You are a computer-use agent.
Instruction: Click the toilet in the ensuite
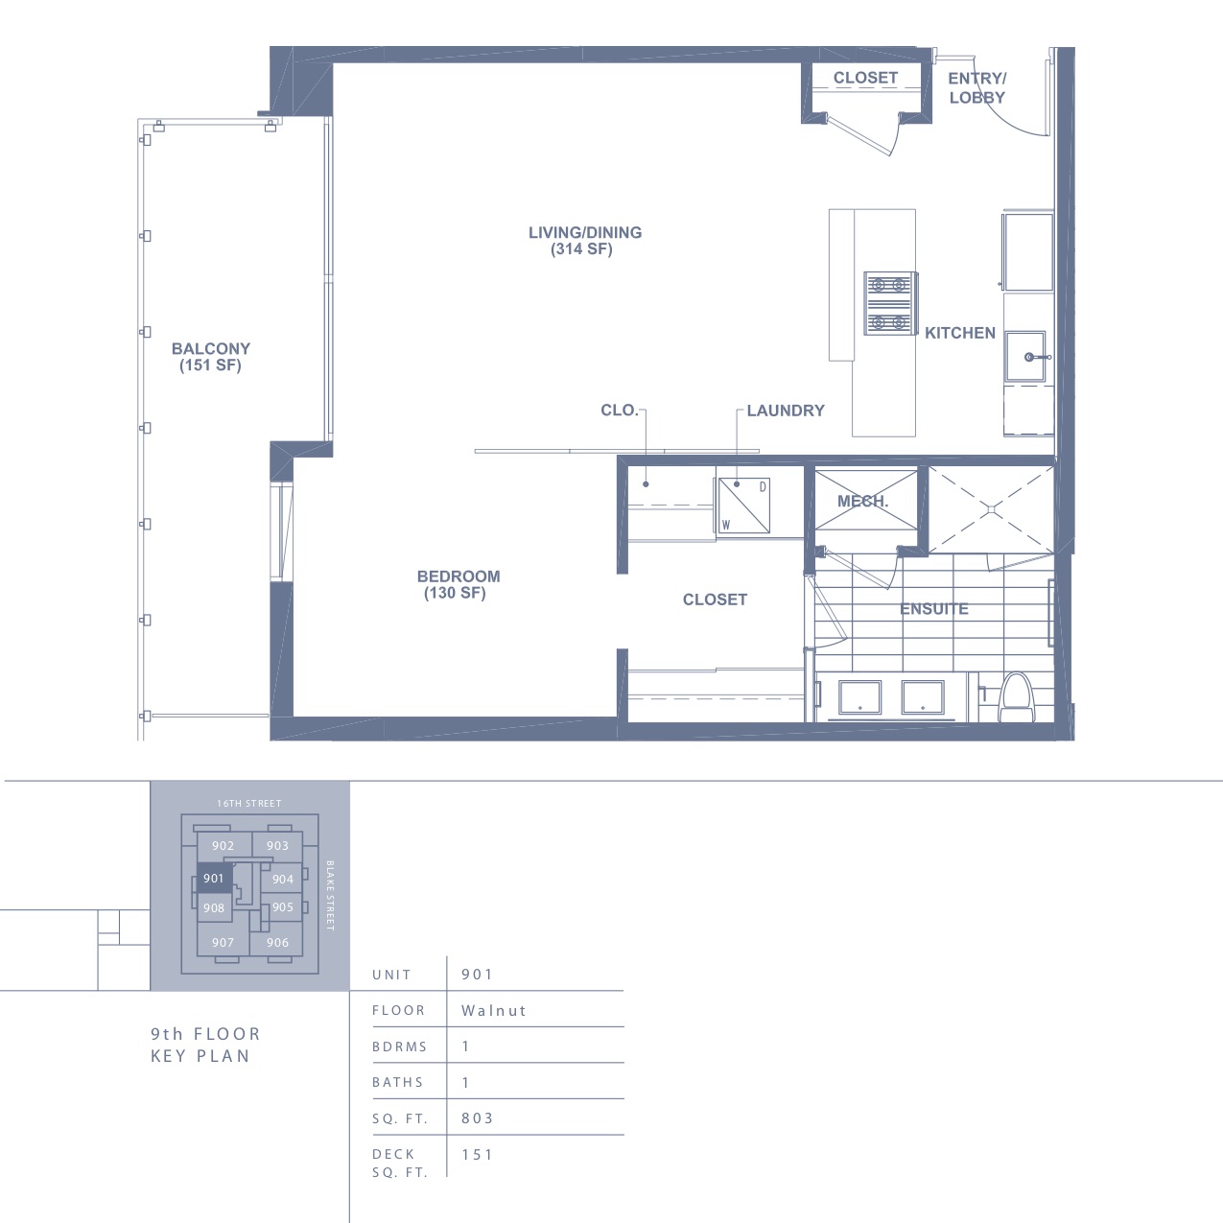1017,698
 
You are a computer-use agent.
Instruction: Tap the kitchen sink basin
1025,356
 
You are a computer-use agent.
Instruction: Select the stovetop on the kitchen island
890,303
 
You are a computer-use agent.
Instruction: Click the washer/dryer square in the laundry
743,506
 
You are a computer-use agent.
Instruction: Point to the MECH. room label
862,502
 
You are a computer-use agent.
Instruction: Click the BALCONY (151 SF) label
211,357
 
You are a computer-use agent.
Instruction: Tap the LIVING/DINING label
585,232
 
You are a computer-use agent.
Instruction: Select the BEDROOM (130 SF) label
459,584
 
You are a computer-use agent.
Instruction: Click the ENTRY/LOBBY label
977,87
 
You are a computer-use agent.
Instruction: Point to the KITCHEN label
959,333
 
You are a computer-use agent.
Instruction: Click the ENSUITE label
934,609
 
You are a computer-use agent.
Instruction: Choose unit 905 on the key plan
282,906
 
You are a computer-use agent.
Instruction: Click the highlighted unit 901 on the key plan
214,879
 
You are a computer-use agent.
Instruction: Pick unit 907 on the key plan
223,943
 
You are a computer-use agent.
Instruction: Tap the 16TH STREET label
249,804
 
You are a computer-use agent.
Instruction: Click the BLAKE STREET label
330,896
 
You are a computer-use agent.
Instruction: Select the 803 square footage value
478,1117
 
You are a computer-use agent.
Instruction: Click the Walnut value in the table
494,1010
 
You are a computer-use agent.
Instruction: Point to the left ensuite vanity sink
860,697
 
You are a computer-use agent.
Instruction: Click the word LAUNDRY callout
786,411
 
